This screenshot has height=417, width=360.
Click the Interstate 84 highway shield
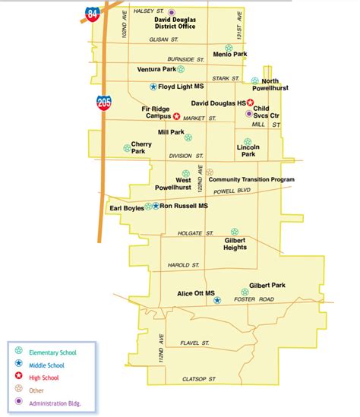coord(92,13)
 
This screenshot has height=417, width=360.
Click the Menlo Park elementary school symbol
coord(229,47)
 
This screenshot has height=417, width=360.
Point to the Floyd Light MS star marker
coord(153,87)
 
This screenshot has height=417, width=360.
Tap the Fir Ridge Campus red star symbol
coord(177,116)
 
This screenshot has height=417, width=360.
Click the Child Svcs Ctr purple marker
coord(248,114)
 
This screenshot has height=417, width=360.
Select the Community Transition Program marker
coord(210,172)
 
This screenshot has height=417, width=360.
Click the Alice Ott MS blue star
coord(216,301)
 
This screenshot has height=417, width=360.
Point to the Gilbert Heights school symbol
coord(235,232)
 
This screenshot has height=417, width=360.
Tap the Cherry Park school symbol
coord(127,148)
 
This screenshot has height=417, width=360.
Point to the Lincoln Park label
coord(248,150)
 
